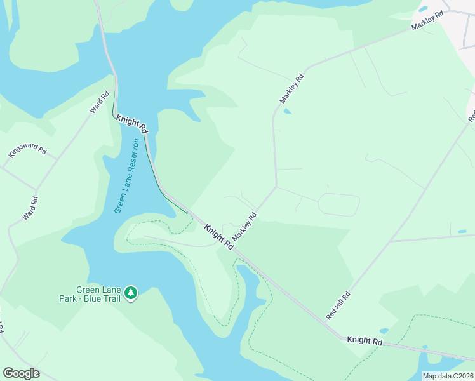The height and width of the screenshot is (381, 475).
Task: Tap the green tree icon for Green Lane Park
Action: point(131,293)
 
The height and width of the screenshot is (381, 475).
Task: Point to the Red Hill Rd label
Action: point(338,305)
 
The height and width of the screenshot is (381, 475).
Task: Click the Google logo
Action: point(21,373)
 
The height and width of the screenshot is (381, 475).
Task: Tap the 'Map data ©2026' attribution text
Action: point(448,376)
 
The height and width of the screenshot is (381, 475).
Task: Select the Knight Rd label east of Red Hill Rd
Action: point(365,341)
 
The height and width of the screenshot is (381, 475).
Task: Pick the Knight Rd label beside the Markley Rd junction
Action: point(218,236)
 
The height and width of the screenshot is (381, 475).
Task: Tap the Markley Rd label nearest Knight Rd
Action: point(244,226)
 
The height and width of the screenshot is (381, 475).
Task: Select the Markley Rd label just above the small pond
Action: point(292,89)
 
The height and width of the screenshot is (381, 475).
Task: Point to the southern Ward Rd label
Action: point(30,208)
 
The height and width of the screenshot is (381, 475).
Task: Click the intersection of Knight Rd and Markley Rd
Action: point(232,246)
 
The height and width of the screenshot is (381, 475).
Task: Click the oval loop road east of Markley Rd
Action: point(338,204)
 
